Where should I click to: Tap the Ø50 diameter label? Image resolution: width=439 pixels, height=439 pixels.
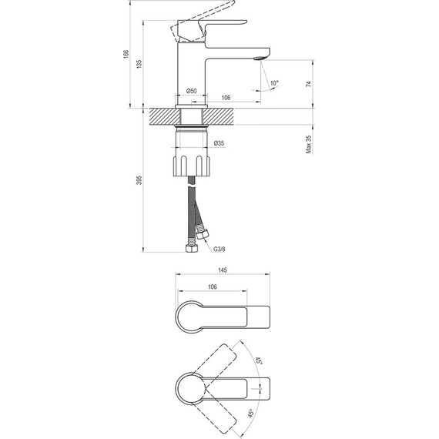point(192,92)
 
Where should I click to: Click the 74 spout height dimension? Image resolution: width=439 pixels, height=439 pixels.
point(308,85)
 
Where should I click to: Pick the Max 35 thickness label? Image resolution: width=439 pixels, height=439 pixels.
point(308,142)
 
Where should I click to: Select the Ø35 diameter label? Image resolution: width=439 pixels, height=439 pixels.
point(219,143)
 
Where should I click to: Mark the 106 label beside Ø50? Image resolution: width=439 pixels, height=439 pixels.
point(227,98)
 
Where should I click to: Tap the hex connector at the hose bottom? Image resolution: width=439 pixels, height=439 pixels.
point(189,249)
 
